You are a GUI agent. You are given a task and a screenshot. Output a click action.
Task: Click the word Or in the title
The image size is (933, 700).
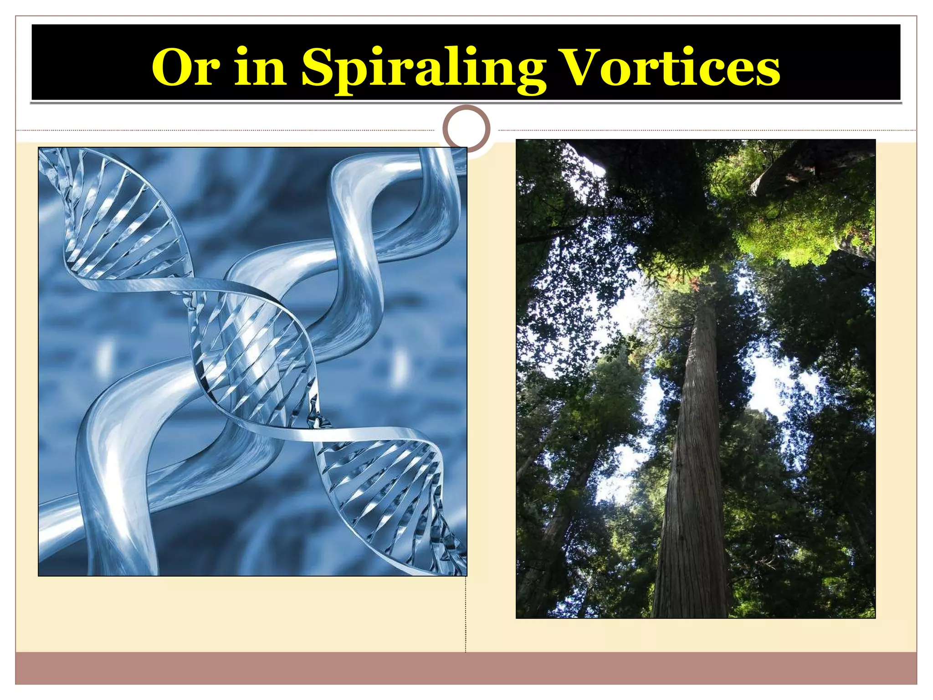coord(185,67)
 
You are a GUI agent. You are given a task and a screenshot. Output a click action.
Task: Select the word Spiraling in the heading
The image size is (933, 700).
coord(423,68)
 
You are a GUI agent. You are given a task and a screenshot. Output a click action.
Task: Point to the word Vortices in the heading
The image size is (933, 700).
coord(670,67)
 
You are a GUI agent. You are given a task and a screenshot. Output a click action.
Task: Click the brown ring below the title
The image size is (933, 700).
coord(466,129)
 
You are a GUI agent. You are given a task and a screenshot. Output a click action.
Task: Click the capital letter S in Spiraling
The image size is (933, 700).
coord(318,67)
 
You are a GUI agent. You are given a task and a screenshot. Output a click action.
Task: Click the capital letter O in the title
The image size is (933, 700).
coord(171,67)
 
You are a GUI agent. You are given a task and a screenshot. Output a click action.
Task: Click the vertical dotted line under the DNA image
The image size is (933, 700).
coord(466,615)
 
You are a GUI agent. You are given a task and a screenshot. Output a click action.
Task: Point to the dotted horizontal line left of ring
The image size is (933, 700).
coord(228,131)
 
